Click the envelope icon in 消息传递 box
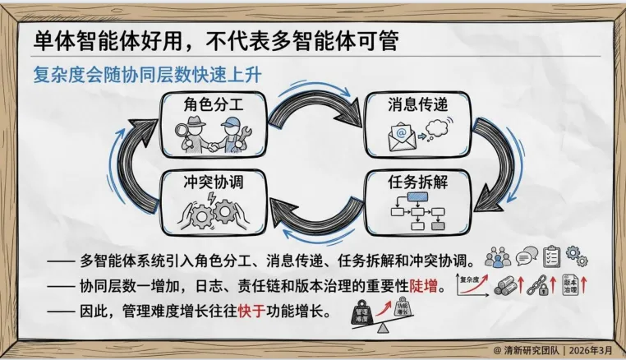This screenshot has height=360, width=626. (x=399, y=135)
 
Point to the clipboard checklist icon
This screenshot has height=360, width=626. (x=551, y=256)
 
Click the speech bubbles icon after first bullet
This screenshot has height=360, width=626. (x=526, y=257)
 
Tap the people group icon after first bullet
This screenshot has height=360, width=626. (x=498, y=257)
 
